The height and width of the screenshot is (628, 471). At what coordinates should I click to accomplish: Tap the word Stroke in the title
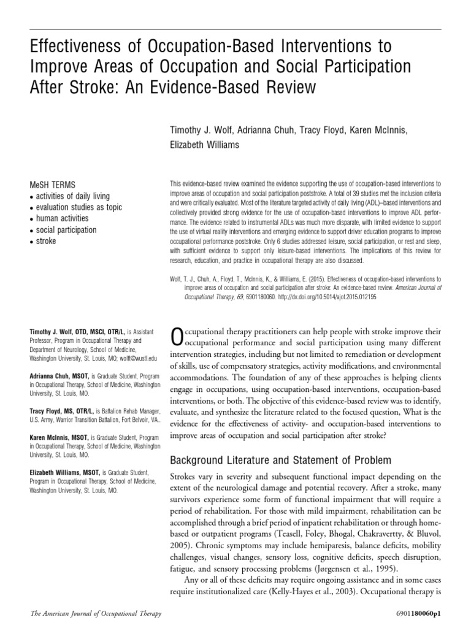click(86, 87)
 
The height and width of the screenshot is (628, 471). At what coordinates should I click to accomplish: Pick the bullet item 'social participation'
click(66, 230)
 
